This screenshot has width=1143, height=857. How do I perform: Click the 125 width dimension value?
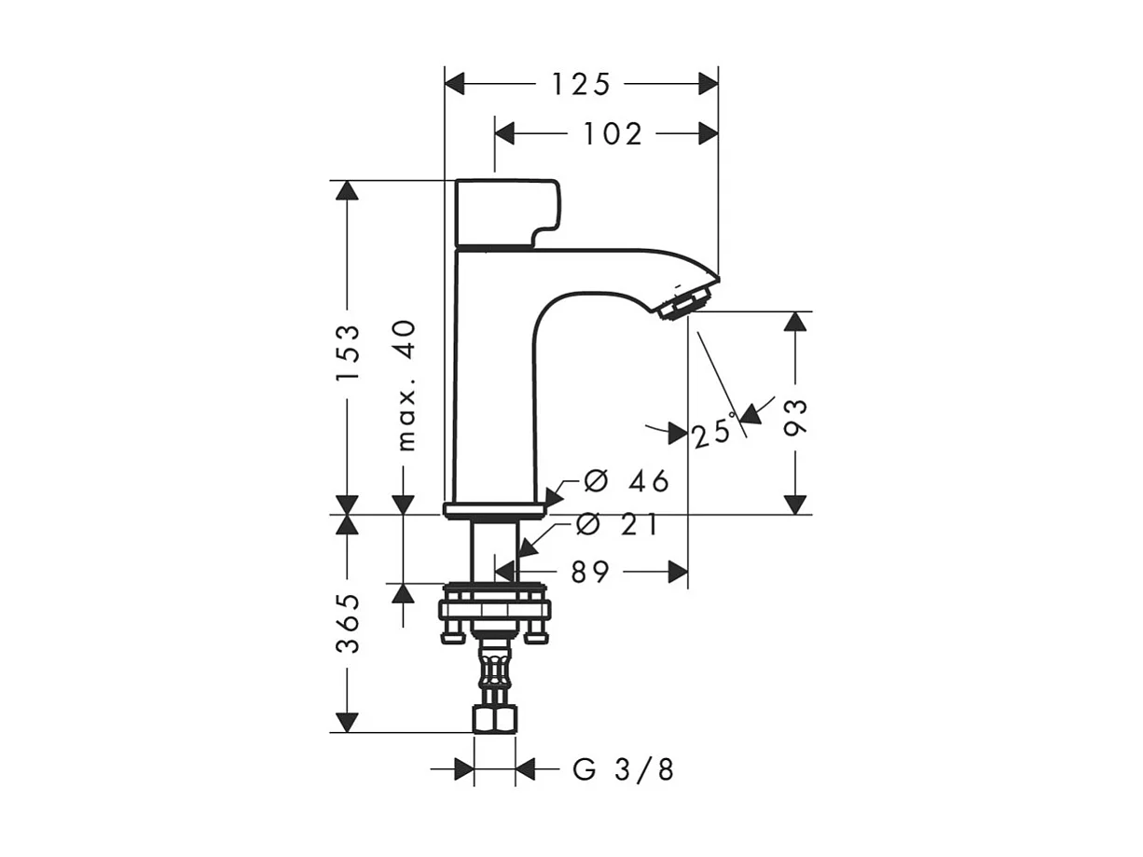click(x=580, y=84)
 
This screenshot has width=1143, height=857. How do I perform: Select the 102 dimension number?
click(x=613, y=134)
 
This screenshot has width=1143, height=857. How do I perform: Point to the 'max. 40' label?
click(x=406, y=385)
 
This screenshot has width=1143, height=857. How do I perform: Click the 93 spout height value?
click(x=795, y=417)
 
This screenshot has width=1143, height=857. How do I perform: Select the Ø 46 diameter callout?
click(x=626, y=480)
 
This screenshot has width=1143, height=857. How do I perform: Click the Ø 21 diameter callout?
click(x=617, y=525)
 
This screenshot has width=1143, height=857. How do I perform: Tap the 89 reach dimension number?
click(x=590, y=573)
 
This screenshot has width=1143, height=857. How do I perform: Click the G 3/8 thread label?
click(x=624, y=769)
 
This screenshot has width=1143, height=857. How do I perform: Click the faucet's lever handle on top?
click(x=508, y=214)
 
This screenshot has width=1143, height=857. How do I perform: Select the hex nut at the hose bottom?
click(x=495, y=719)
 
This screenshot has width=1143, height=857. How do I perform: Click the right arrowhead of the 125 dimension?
click(x=709, y=84)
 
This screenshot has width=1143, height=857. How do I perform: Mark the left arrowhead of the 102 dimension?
click(x=504, y=134)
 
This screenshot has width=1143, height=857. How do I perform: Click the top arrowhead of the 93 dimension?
click(x=795, y=321)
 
